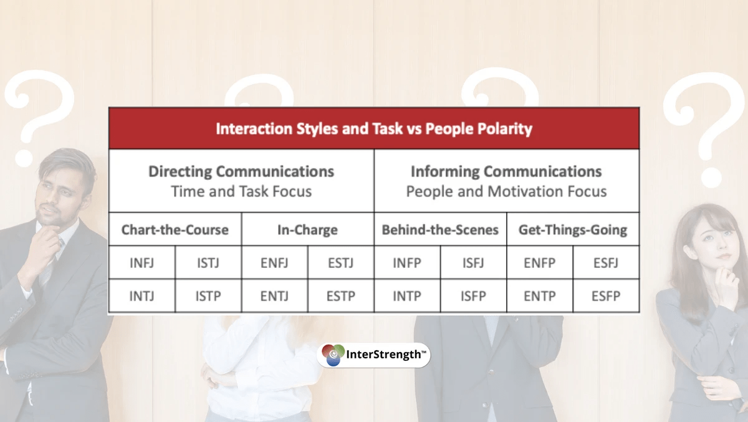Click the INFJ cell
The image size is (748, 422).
tap(142, 263)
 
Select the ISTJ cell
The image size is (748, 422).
tap(208, 263)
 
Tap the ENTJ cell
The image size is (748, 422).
tap(274, 296)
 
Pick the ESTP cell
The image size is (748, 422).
tap(340, 296)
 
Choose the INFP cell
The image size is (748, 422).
tap(407, 263)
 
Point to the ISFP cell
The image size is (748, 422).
tap(473, 296)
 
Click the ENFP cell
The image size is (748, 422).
tap(540, 263)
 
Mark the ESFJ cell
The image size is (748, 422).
tap(606, 263)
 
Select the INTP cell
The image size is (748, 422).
tap(407, 296)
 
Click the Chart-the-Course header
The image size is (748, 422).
tap(175, 230)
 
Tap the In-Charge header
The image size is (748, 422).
tap(307, 230)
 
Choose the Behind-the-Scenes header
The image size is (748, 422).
tap(440, 230)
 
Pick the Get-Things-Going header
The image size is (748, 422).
tap(573, 230)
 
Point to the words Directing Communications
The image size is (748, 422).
tap(241, 172)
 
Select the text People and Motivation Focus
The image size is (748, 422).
tap(506, 192)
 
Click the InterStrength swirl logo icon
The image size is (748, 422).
tap(333, 355)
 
